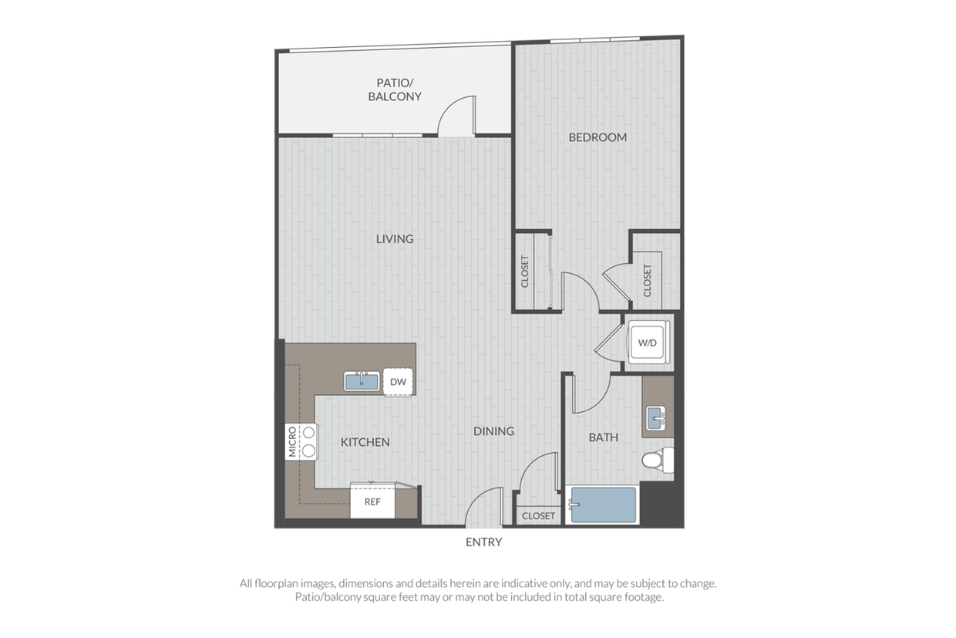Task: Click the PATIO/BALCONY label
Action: [395, 89]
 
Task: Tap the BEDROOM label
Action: [597, 137]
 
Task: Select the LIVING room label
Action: [395, 238]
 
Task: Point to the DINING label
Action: [493, 431]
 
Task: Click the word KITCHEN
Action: [365, 442]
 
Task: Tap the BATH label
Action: [604, 437]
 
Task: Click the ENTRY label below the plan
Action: [483, 542]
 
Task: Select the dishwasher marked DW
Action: [398, 382]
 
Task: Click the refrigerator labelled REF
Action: [372, 501]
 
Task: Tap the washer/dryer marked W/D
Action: [648, 343]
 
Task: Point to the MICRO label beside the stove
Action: [292, 442]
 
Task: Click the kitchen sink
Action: [362, 381]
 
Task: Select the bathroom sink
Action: [656, 418]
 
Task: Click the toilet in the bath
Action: [658, 460]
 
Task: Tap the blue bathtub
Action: [603, 505]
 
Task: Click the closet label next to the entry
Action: [539, 516]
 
